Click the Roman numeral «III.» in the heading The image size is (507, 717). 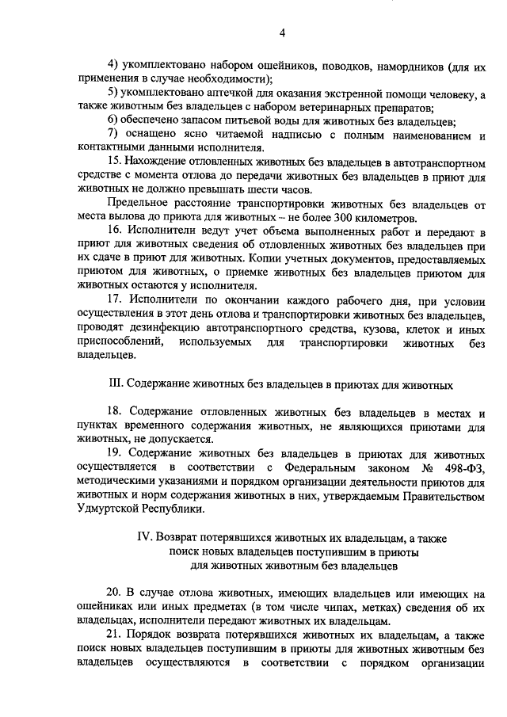coord(115,384)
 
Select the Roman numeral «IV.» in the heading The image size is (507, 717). coord(144,536)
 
